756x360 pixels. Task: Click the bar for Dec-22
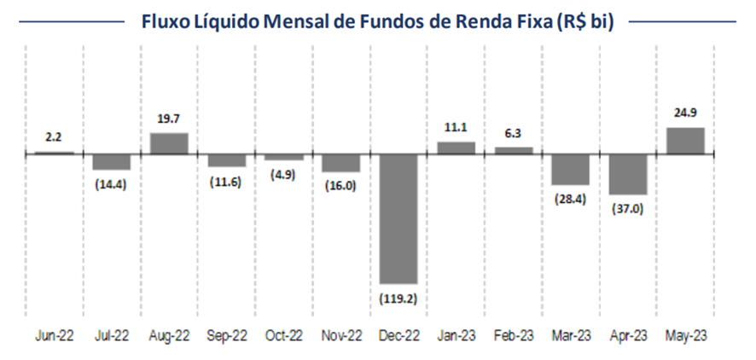398,218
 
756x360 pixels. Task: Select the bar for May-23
685,141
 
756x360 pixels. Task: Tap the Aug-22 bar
169,143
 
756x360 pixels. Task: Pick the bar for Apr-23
628,174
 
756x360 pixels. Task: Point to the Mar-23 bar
571,169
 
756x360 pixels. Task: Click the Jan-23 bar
456,148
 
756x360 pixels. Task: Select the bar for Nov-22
341,163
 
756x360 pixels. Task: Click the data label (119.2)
398,298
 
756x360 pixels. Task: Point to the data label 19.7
169,119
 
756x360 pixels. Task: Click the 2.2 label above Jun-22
55,136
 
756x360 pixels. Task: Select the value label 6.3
513,133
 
